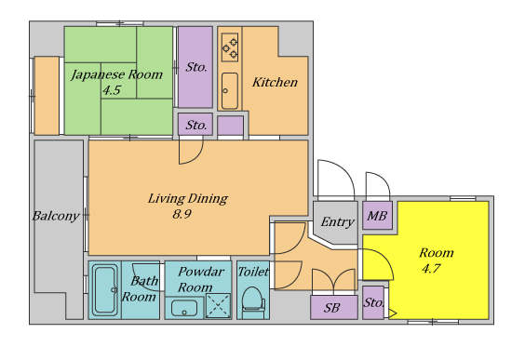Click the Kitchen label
[x=275, y=82]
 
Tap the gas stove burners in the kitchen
[x=230, y=47]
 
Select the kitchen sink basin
[x=230, y=90]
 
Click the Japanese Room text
[x=116, y=75]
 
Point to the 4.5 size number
[x=112, y=90]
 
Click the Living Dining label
[x=188, y=199]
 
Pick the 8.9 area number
[x=182, y=214]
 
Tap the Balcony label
[x=56, y=216]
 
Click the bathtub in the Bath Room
[x=105, y=290]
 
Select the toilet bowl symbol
[x=253, y=300]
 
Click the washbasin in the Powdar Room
[x=184, y=308]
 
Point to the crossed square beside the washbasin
[x=218, y=305]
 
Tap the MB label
[x=377, y=216]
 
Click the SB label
[x=331, y=308]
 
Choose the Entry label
[x=337, y=221]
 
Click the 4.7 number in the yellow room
[x=431, y=269]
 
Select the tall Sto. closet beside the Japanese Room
[x=195, y=67]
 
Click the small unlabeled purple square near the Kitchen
[x=230, y=126]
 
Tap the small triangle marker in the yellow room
[x=392, y=313]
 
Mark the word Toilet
[x=253, y=272]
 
